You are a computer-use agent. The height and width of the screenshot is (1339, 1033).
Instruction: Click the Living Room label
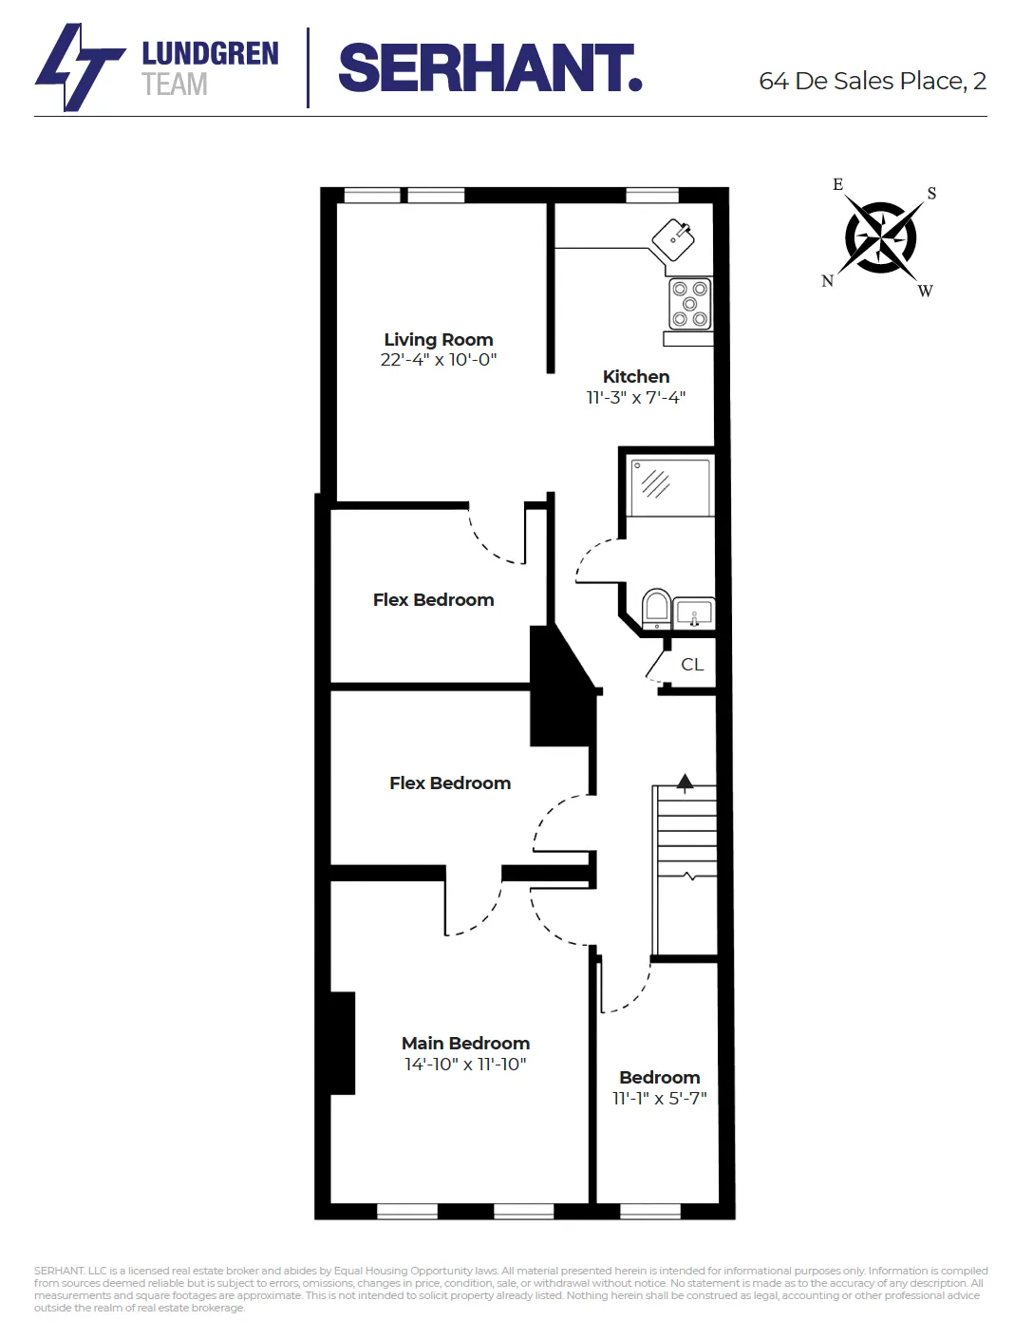point(438,339)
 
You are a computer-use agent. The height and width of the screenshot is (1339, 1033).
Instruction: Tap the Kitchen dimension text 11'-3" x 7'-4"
point(635,398)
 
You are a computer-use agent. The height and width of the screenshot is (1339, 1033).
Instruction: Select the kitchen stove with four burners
point(690,304)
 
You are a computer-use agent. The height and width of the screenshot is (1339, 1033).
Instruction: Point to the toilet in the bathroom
point(656,608)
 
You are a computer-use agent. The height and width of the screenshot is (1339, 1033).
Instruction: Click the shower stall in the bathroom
point(669,486)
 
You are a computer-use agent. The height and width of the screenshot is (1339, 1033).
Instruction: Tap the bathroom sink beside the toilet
point(694,613)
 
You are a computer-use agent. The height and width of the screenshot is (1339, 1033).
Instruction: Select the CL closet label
point(692,665)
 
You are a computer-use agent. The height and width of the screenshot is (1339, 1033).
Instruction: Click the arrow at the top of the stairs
point(685,783)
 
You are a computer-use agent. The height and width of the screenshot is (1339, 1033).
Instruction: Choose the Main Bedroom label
point(465,1043)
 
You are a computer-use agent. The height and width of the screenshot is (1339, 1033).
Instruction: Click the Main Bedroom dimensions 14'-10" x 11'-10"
point(465,1065)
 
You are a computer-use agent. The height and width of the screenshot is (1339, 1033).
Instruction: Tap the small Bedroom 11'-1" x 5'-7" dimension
point(659,1099)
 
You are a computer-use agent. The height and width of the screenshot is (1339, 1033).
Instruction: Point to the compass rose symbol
point(881,237)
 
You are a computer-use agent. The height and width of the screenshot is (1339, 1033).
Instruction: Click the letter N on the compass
point(827,281)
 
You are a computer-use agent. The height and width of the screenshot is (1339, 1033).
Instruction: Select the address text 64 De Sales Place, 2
point(872,82)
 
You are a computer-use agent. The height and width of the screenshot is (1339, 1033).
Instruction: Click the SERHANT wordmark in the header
point(490,68)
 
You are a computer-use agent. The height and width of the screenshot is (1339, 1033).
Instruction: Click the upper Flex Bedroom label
point(433,600)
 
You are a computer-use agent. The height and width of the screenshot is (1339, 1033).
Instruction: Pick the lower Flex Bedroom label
point(450,783)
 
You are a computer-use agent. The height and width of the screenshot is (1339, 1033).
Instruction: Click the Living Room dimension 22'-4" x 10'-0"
point(438,360)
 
